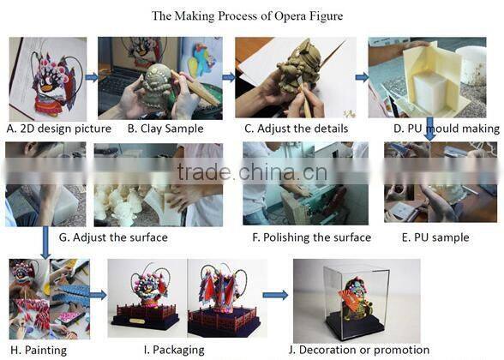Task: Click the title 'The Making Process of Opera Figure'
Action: (247, 16)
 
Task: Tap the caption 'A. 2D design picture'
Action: (59, 129)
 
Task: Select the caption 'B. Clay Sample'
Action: (165, 129)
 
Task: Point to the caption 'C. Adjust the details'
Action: (296, 129)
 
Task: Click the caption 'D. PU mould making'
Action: (447, 129)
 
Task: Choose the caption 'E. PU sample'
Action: (435, 237)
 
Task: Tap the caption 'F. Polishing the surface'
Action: (311, 237)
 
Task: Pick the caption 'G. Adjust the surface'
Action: (113, 237)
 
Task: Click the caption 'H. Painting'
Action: (39, 350)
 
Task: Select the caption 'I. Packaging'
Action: (174, 350)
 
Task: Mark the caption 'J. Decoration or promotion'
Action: (359, 350)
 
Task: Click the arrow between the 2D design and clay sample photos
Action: (92, 77)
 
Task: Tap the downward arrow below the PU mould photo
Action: (429, 129)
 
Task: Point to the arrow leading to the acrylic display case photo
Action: (275, 295)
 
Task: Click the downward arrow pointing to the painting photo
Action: (45, 243)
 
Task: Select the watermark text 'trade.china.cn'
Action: (252, 171)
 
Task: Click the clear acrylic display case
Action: (357, 303)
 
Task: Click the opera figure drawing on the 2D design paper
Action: (55, 84)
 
